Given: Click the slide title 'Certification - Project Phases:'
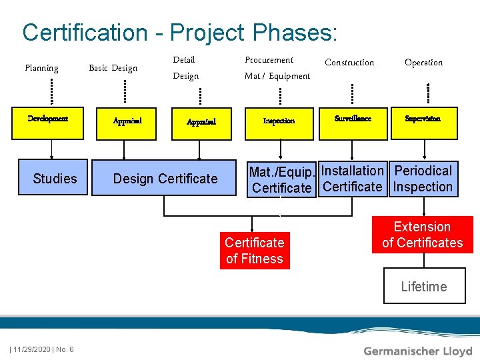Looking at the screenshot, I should pyautogui.click(x=180, y=32).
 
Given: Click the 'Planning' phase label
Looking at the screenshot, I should pyautogui.click(x=41, y=67).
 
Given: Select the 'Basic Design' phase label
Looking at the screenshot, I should pyautogui.click(x=113, y=67).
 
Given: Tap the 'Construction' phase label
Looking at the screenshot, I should pyautogui.click(x=349, y=63).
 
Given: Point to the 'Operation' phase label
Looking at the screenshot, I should pyautogui.click(x=423, y=63).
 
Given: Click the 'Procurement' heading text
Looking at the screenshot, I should pyautogui.click(x=269, y=60).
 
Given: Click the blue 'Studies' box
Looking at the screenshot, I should pyautogui.click(x=55, y=178).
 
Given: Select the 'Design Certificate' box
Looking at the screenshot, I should pyautogui.click(x=165, y=178).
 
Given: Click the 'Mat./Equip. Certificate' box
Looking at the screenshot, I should pyautogui.click(x=281, y=179).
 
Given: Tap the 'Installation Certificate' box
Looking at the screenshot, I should pyautogui.click(x=353, y=179).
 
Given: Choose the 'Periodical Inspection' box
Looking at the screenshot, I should pyautogui.click(x=423, y=179).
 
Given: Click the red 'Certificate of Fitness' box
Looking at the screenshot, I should pyautogui.click(x=255, y=251).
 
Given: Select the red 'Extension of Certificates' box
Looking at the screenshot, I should pyautogui.click(x=422, y=235).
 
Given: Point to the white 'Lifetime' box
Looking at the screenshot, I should pyautogui.click(x=424, y=286).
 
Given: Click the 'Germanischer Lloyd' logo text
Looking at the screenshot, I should pyautogui.click(x=418, y=351).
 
